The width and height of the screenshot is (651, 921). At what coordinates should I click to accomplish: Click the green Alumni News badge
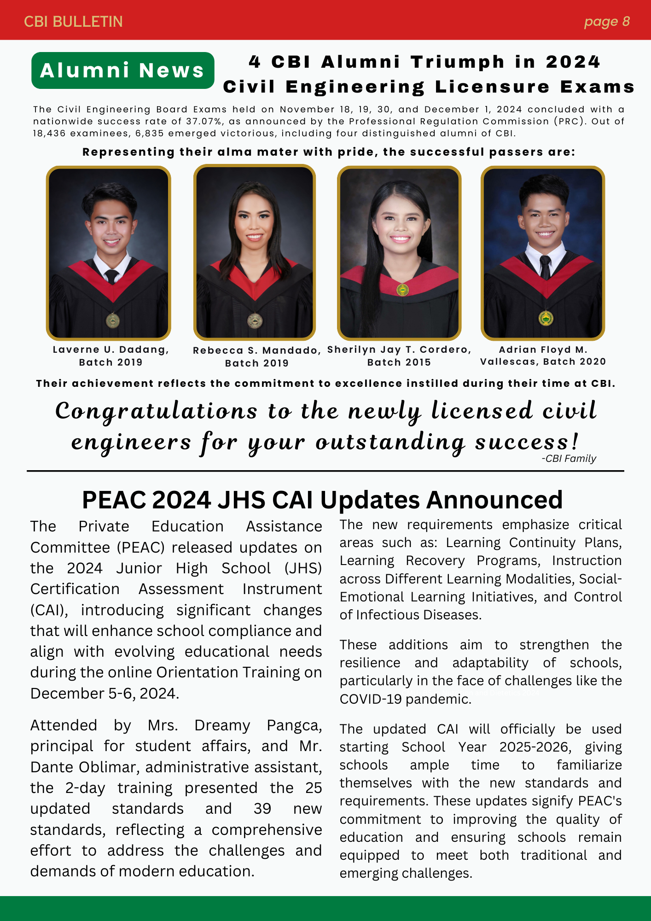pos(122,70)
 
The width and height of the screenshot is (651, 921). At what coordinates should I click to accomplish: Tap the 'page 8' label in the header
pos(606,22)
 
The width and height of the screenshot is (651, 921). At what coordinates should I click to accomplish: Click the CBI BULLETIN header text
pos(73,22)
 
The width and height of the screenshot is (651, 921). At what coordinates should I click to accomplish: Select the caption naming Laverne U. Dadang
pos(110,356)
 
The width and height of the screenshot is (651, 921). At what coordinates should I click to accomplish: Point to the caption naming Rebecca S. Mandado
pos(256,357)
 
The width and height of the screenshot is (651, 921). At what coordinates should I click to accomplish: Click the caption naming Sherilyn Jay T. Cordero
pos(399,356)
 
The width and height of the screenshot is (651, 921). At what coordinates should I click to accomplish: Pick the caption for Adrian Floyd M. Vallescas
pos(543,356)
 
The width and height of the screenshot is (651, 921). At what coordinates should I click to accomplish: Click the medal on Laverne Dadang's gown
pos(112,321)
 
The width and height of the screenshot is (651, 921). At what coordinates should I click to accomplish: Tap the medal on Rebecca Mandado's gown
pos(255,320)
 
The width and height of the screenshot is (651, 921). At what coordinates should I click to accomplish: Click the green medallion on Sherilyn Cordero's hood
pos(402,290)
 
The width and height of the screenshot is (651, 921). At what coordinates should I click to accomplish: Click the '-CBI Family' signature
pos(569,459)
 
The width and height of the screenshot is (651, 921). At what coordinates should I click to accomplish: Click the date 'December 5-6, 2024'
pos(104,694)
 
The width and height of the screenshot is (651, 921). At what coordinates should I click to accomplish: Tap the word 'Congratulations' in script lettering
pos(157,411)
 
